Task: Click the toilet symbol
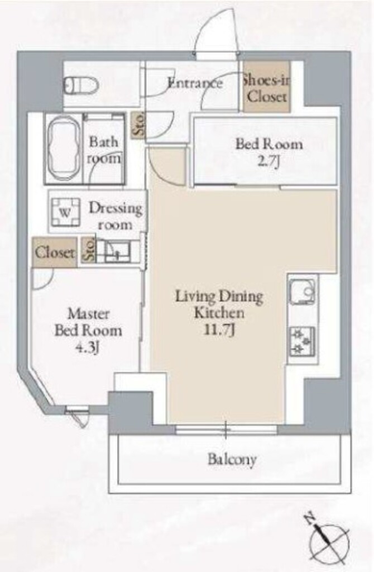[x=81, y=85]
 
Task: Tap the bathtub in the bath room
[x=64, y=149]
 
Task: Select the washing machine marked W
[x=65, y=212]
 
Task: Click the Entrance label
[x=195, y=83]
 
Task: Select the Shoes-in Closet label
[x=267, y=88]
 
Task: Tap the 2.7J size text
[x=268, y=161]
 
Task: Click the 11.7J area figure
[x=219, y=330]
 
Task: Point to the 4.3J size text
[x=88, y=347]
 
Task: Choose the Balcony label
[x=232, y=459]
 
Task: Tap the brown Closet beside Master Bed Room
[x=55, y=252]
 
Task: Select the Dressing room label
[x=115, y=216]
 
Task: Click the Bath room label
[x=104, y=150]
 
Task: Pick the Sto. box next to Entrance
[x=138, y=125]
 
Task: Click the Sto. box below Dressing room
[x=88, y=250]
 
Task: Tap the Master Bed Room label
[x=88, y=322]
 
